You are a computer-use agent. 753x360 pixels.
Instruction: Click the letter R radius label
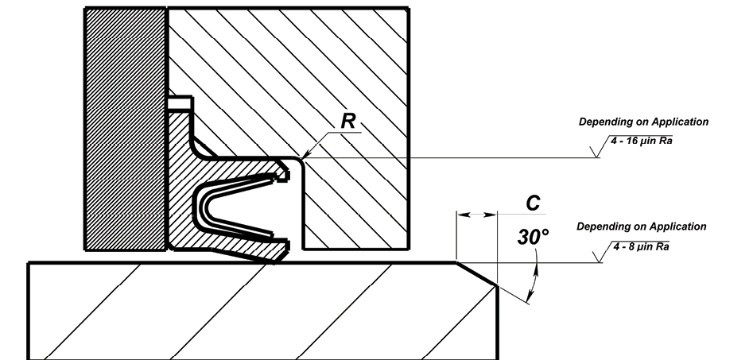click(x=348, y=121)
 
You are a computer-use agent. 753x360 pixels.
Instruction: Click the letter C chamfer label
click(x=533, y=203)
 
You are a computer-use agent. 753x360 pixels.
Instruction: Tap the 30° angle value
click(x=533, y=237)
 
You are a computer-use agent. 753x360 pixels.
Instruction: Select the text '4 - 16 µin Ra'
click(x=642, y=141)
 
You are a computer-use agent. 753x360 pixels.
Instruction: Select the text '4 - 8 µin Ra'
click(x=641, y=246)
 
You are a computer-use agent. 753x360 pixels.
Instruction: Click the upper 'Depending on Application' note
click(x=643, y=122)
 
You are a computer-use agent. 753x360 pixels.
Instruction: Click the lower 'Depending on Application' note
click(x=642, y=226)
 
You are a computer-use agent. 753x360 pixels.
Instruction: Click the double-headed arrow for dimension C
click(x=477, y=215)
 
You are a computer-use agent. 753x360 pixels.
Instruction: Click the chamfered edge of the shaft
click(x=476, y=274)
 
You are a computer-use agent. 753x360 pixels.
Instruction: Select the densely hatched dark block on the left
click(x=126, y=129)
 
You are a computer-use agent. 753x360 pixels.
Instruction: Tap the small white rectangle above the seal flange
click(x=180, y=103)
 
